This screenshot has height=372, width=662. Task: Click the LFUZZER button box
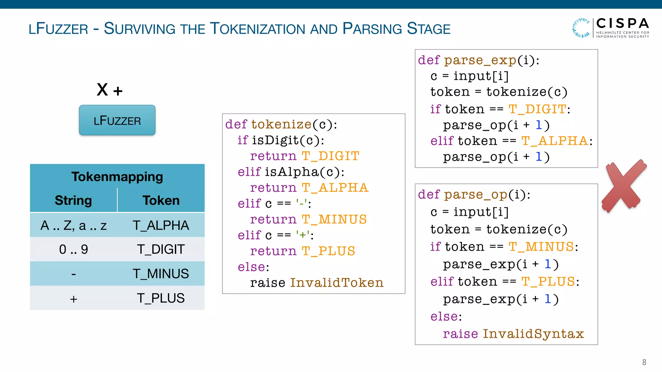[x=117, y=120]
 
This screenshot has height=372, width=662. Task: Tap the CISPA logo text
[x=622, y=24]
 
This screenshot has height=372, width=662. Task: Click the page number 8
[x=644, y=362]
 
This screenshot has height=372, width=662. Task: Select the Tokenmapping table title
[x=117, y=177]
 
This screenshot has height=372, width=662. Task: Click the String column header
[x=73, y=200]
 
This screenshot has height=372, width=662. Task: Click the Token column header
[x=161, y=200]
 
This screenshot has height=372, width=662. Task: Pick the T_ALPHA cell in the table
[x=161, y=225]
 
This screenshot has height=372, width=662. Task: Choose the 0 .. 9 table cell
[x=73, y=249]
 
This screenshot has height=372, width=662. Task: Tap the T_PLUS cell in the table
[x=161, y=298]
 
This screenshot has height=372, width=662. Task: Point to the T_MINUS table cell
[x=161, y=274]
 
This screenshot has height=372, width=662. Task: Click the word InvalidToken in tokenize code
[x=336, y=283]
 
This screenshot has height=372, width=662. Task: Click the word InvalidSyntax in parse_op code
[x=533, y=334]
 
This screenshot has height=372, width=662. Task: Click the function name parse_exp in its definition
[x=480, y=60]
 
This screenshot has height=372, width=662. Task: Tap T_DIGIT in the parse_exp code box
[x=537, y=109]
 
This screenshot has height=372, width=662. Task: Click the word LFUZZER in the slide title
[x=58, y=29]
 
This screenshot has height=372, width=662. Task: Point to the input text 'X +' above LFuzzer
[x=110, y=90]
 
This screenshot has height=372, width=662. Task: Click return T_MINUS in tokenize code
[x=308, y=220]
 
